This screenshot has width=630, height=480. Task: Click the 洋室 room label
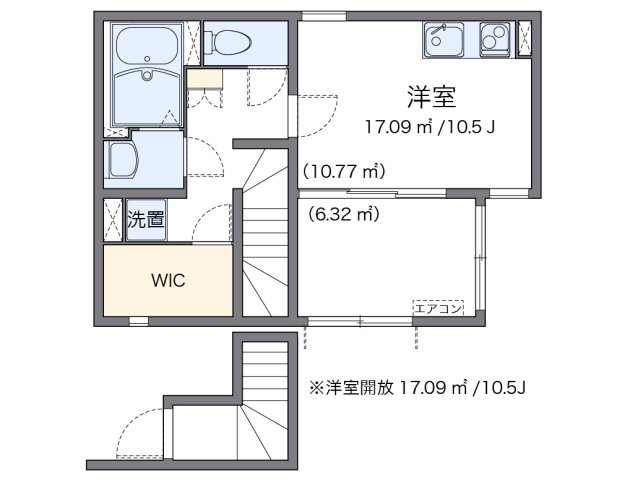click(431, 97)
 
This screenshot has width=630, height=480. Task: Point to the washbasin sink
click(126, 160)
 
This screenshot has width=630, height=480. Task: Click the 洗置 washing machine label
click(146, 220)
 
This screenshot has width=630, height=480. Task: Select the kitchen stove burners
click(495, 40)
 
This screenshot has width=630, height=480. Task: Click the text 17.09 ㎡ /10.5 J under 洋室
click(431, 127)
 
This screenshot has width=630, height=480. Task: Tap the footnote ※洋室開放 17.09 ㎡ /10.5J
click(418, 385)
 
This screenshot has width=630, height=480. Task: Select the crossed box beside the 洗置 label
click(113, 220)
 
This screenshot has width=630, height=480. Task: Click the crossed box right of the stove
click(524, 40)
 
